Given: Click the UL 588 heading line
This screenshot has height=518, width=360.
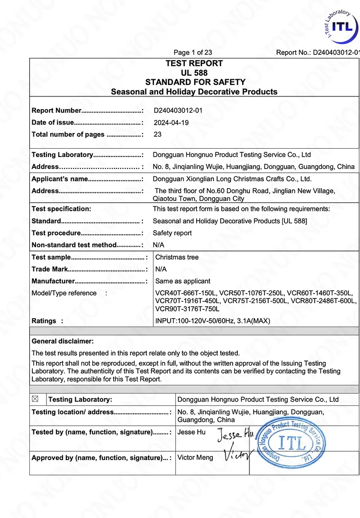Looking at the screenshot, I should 194,73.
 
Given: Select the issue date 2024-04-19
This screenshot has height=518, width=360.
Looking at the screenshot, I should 171,123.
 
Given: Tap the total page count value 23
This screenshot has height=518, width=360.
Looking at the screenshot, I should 158,135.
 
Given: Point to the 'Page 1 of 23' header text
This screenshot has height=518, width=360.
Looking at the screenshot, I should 193,52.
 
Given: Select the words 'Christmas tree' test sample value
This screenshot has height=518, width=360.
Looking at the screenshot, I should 177,257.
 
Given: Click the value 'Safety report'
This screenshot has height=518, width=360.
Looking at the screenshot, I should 172,233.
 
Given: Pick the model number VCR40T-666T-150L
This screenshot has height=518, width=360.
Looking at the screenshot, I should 185,293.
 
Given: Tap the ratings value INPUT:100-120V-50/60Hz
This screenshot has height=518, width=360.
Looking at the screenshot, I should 213,321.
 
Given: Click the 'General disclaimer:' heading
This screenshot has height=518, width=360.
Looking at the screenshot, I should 63,341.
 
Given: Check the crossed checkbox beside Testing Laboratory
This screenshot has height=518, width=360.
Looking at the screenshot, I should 35,399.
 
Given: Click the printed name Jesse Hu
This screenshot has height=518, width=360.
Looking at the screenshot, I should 191,432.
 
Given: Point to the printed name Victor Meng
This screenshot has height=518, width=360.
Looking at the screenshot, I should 195,457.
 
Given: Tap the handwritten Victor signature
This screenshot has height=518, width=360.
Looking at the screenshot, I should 238,455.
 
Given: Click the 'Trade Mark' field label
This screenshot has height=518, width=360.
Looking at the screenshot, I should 50,269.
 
